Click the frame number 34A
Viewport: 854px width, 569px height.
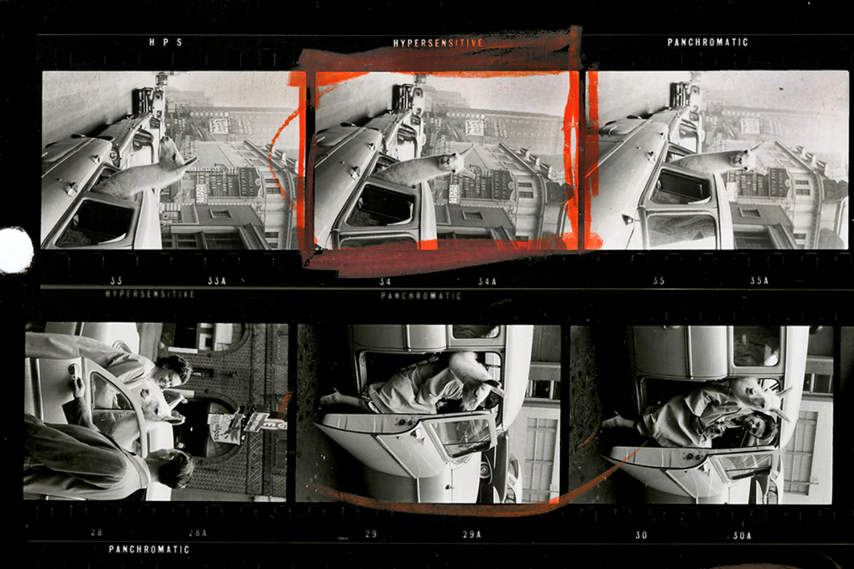point(487,281)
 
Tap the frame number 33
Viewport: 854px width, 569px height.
point(116,281)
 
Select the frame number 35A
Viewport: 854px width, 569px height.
point(759,281)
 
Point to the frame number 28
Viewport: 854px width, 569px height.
point(97,533)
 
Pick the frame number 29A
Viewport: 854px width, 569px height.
point(471,534)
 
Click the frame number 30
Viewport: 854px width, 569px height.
point(641,535)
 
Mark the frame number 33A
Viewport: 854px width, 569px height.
point(216,281)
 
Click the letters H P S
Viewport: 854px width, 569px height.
point(166,42)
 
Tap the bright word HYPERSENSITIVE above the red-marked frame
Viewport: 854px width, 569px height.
point(438,43)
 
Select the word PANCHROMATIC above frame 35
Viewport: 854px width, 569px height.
point(707,42)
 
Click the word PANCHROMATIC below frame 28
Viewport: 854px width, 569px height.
point(149,549)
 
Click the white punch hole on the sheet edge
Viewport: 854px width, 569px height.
point(15,250)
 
